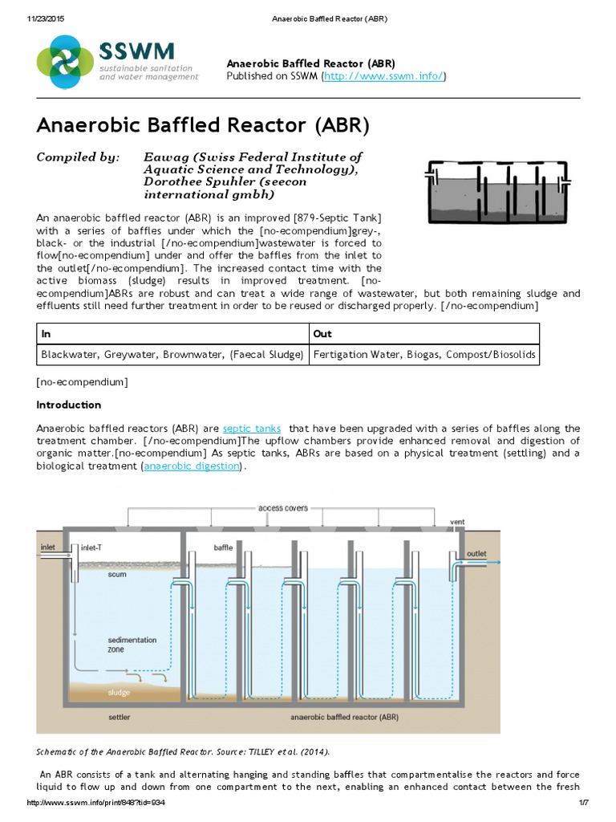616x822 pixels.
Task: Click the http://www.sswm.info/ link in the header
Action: click(383, 76)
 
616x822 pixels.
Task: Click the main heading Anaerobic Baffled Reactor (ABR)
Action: click(203, 126)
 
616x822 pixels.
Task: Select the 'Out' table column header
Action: click(322, 334)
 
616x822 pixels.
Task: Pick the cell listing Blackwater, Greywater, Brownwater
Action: click(172, 354)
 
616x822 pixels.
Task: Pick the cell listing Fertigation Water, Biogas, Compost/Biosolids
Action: click(424, 354)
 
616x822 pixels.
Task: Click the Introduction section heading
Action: click(69, 405)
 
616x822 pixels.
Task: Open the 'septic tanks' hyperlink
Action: click(249, 429)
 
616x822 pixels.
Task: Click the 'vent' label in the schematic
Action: click(457, 522)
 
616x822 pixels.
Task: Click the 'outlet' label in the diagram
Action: click(476, 554)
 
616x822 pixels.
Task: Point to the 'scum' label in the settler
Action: click(117, 575)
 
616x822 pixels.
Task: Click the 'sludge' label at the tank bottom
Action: click(119, 692)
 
